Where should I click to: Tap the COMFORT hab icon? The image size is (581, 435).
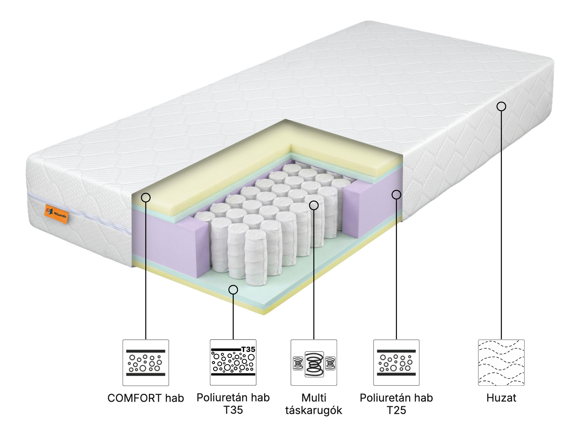146,362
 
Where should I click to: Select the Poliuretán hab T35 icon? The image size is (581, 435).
233,362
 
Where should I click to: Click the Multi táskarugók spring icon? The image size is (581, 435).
314,362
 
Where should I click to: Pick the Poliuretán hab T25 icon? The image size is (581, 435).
396,362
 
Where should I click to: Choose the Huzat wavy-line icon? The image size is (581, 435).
501,362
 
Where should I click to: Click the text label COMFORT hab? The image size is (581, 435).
146,398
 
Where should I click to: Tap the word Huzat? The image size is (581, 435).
501,398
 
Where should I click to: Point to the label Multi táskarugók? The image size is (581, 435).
314,404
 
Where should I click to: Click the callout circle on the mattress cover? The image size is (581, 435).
501,106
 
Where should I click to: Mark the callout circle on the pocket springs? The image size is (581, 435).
314,205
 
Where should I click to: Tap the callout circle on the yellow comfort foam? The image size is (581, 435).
146,197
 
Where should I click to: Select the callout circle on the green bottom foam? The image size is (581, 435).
233,289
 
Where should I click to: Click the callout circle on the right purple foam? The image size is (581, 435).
396,195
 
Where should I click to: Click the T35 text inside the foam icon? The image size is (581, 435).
248,349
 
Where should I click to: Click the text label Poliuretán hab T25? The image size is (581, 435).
396,404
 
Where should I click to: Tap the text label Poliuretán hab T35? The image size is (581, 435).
233,404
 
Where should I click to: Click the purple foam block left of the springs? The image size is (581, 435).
170,241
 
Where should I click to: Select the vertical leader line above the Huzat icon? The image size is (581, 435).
501,225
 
